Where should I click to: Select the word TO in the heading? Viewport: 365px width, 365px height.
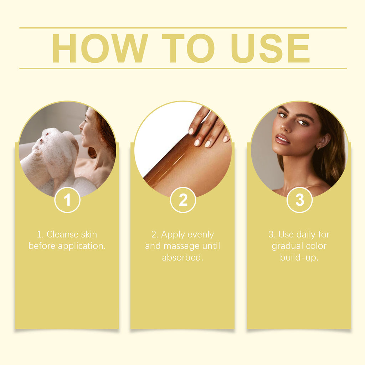pyautogui.click(x=188, y=48)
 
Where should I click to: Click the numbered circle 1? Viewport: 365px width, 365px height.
pyautogui.click(x=67, y=200)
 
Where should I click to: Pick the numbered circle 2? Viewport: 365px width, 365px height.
pyautogui.click(x=183, y=200)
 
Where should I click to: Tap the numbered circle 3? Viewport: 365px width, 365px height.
pyautogui.click(x=299, y=200)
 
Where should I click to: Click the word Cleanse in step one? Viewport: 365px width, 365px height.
pyautogui.click(x=63, y=235)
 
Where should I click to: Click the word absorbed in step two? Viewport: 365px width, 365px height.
pyautogui.click(x=182, y=258)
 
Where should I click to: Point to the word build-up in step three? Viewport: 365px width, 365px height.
pyautogui.click(x=299, y=258)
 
